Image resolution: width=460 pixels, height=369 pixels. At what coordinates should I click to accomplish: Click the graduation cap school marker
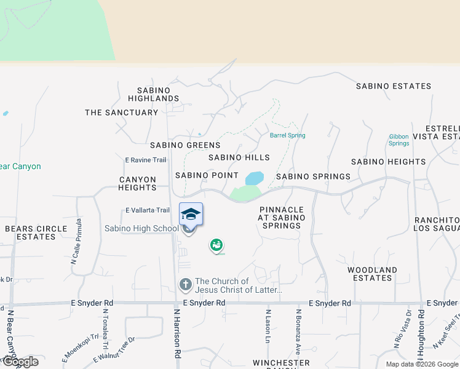191,214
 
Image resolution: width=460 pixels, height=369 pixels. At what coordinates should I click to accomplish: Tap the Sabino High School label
141,229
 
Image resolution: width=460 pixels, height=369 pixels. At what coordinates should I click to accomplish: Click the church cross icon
185,285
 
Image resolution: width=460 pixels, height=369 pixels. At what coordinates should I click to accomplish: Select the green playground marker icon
216,245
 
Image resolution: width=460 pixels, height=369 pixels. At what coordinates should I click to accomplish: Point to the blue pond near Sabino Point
254,178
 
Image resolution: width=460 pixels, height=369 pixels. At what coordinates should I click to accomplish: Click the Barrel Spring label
287,135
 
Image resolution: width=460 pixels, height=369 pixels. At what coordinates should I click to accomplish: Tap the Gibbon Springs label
399,140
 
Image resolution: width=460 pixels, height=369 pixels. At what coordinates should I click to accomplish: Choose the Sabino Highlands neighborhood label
154,94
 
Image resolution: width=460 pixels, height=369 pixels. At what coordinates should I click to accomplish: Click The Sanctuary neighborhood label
121,113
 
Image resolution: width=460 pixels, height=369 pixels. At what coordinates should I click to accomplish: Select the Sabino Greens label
185,145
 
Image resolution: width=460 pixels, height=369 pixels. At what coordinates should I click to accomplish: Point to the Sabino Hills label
239,157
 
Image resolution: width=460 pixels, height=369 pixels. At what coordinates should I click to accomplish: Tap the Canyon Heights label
138,183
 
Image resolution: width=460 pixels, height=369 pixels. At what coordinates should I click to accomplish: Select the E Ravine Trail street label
146,160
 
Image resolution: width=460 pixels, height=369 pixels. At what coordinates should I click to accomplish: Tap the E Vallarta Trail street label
148,210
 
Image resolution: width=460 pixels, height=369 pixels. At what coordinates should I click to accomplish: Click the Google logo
20,362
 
